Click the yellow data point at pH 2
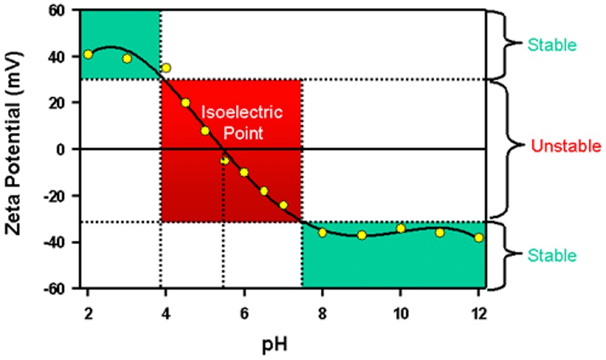pyautogui.click(x=88, y=54)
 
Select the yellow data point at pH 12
pyautogui.click(x=478, y=237)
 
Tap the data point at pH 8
pyautogui.click(x=322, y=232)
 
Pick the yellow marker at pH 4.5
pyautogui.click(x=185, y=103)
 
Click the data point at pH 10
pyautogui.click(x=400, y=229)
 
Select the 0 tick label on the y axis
pyautogui.click(x=67, y=149)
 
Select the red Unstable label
pyautogui.click(x=566, y=147)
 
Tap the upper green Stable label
pyautogui.click(x=551, y=45)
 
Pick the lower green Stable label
pyautogui.click(x=551, y=256)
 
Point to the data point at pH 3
pyautogui.click(x=127, y=58)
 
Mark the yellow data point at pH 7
pyautogui.click(x=283, y=205)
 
